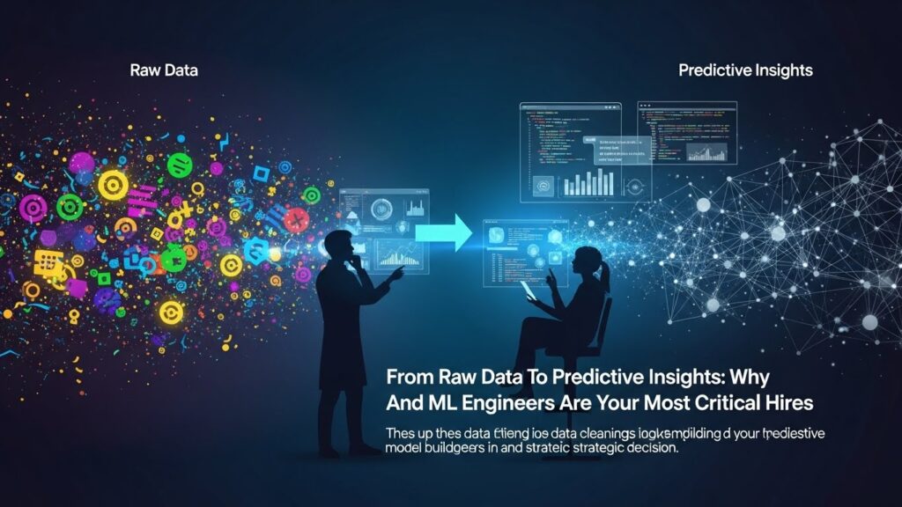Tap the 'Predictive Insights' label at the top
[745, 70]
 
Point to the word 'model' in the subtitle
[405, 447]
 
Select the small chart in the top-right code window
[710, 151]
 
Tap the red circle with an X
[297, 219]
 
